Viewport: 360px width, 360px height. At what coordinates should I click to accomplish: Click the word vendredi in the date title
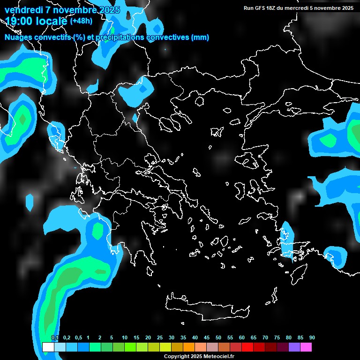(23, 10)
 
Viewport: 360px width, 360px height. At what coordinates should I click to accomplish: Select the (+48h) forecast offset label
(81, 21)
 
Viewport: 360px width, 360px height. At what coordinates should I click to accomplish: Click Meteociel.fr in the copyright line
(219, 356)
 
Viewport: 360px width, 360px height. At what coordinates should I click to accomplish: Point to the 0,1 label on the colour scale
(55, 338)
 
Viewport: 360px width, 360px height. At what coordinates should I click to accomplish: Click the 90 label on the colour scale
(312, 338)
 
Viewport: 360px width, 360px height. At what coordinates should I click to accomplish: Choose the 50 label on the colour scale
(218, 338)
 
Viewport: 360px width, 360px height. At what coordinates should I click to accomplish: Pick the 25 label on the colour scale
(160, 338)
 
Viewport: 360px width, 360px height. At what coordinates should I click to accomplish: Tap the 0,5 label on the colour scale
(78, 338)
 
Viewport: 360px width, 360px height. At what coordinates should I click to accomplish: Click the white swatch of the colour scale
(48, 347)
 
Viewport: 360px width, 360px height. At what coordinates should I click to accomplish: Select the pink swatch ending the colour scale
(306, 347)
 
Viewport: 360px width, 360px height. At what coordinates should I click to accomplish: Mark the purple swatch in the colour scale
(294, 347)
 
